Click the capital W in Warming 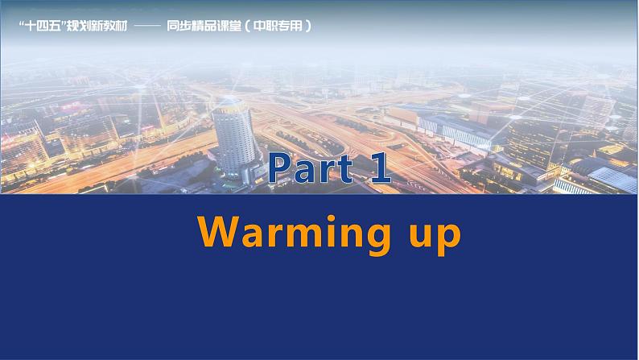coord(218,231)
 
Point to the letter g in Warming coord(390,238)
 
